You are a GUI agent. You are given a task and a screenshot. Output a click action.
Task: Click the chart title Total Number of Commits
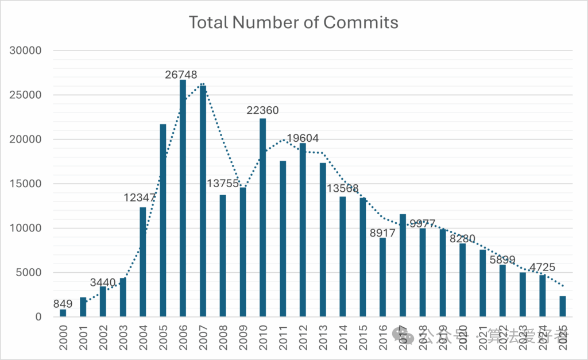coord(293,23)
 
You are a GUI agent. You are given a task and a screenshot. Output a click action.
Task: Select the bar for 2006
coord(183,198)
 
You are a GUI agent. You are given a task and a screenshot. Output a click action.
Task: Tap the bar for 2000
coord(63,313)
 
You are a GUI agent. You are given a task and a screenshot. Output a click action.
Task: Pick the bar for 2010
coord(262,218)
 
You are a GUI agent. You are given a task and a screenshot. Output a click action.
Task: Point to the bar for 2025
coord(562,307)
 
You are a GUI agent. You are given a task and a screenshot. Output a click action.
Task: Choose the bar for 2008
coord(223,256)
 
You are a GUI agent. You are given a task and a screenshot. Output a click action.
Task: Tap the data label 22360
coord(262,110)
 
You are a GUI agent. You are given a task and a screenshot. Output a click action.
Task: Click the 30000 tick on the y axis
coord(26,51)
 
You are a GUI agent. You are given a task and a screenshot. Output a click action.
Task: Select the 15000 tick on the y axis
coord(26,184)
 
